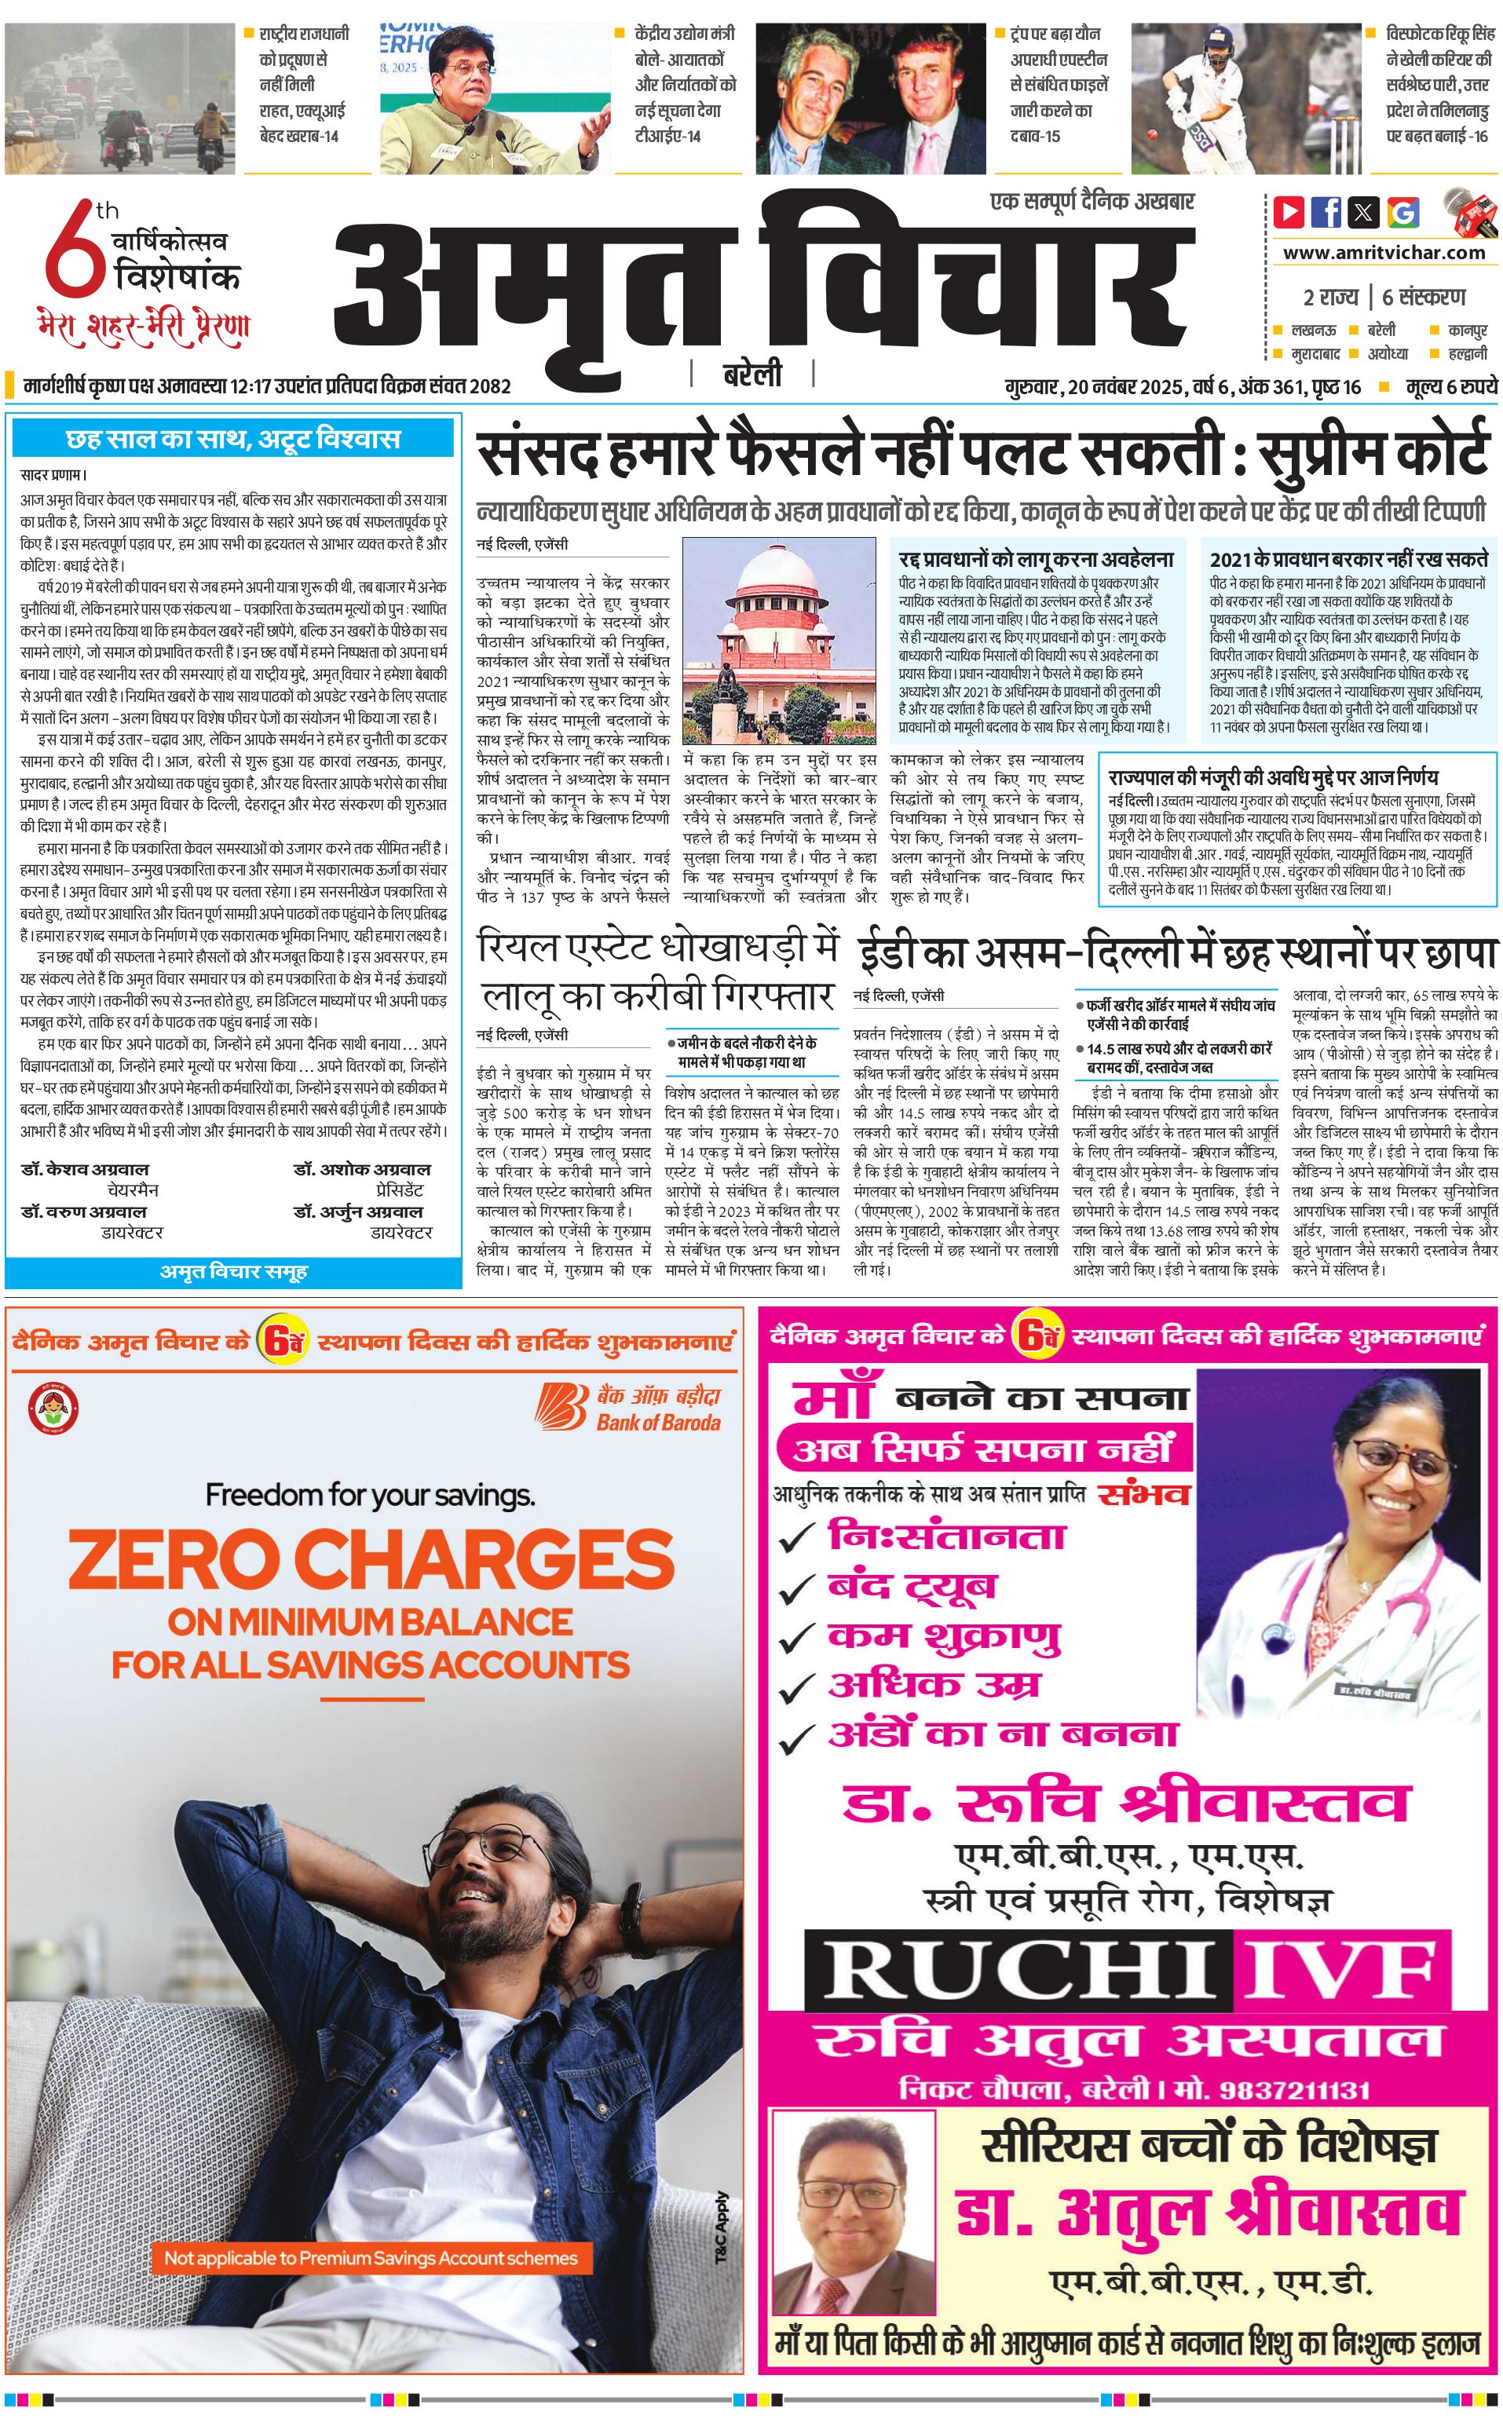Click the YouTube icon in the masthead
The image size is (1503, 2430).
point(1289,212)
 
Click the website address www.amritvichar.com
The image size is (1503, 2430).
point(1384,253)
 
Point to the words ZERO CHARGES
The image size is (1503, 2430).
point(371,1559)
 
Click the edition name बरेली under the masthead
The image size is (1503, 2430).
point(751,375)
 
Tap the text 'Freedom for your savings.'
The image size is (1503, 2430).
point(370,1494)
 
